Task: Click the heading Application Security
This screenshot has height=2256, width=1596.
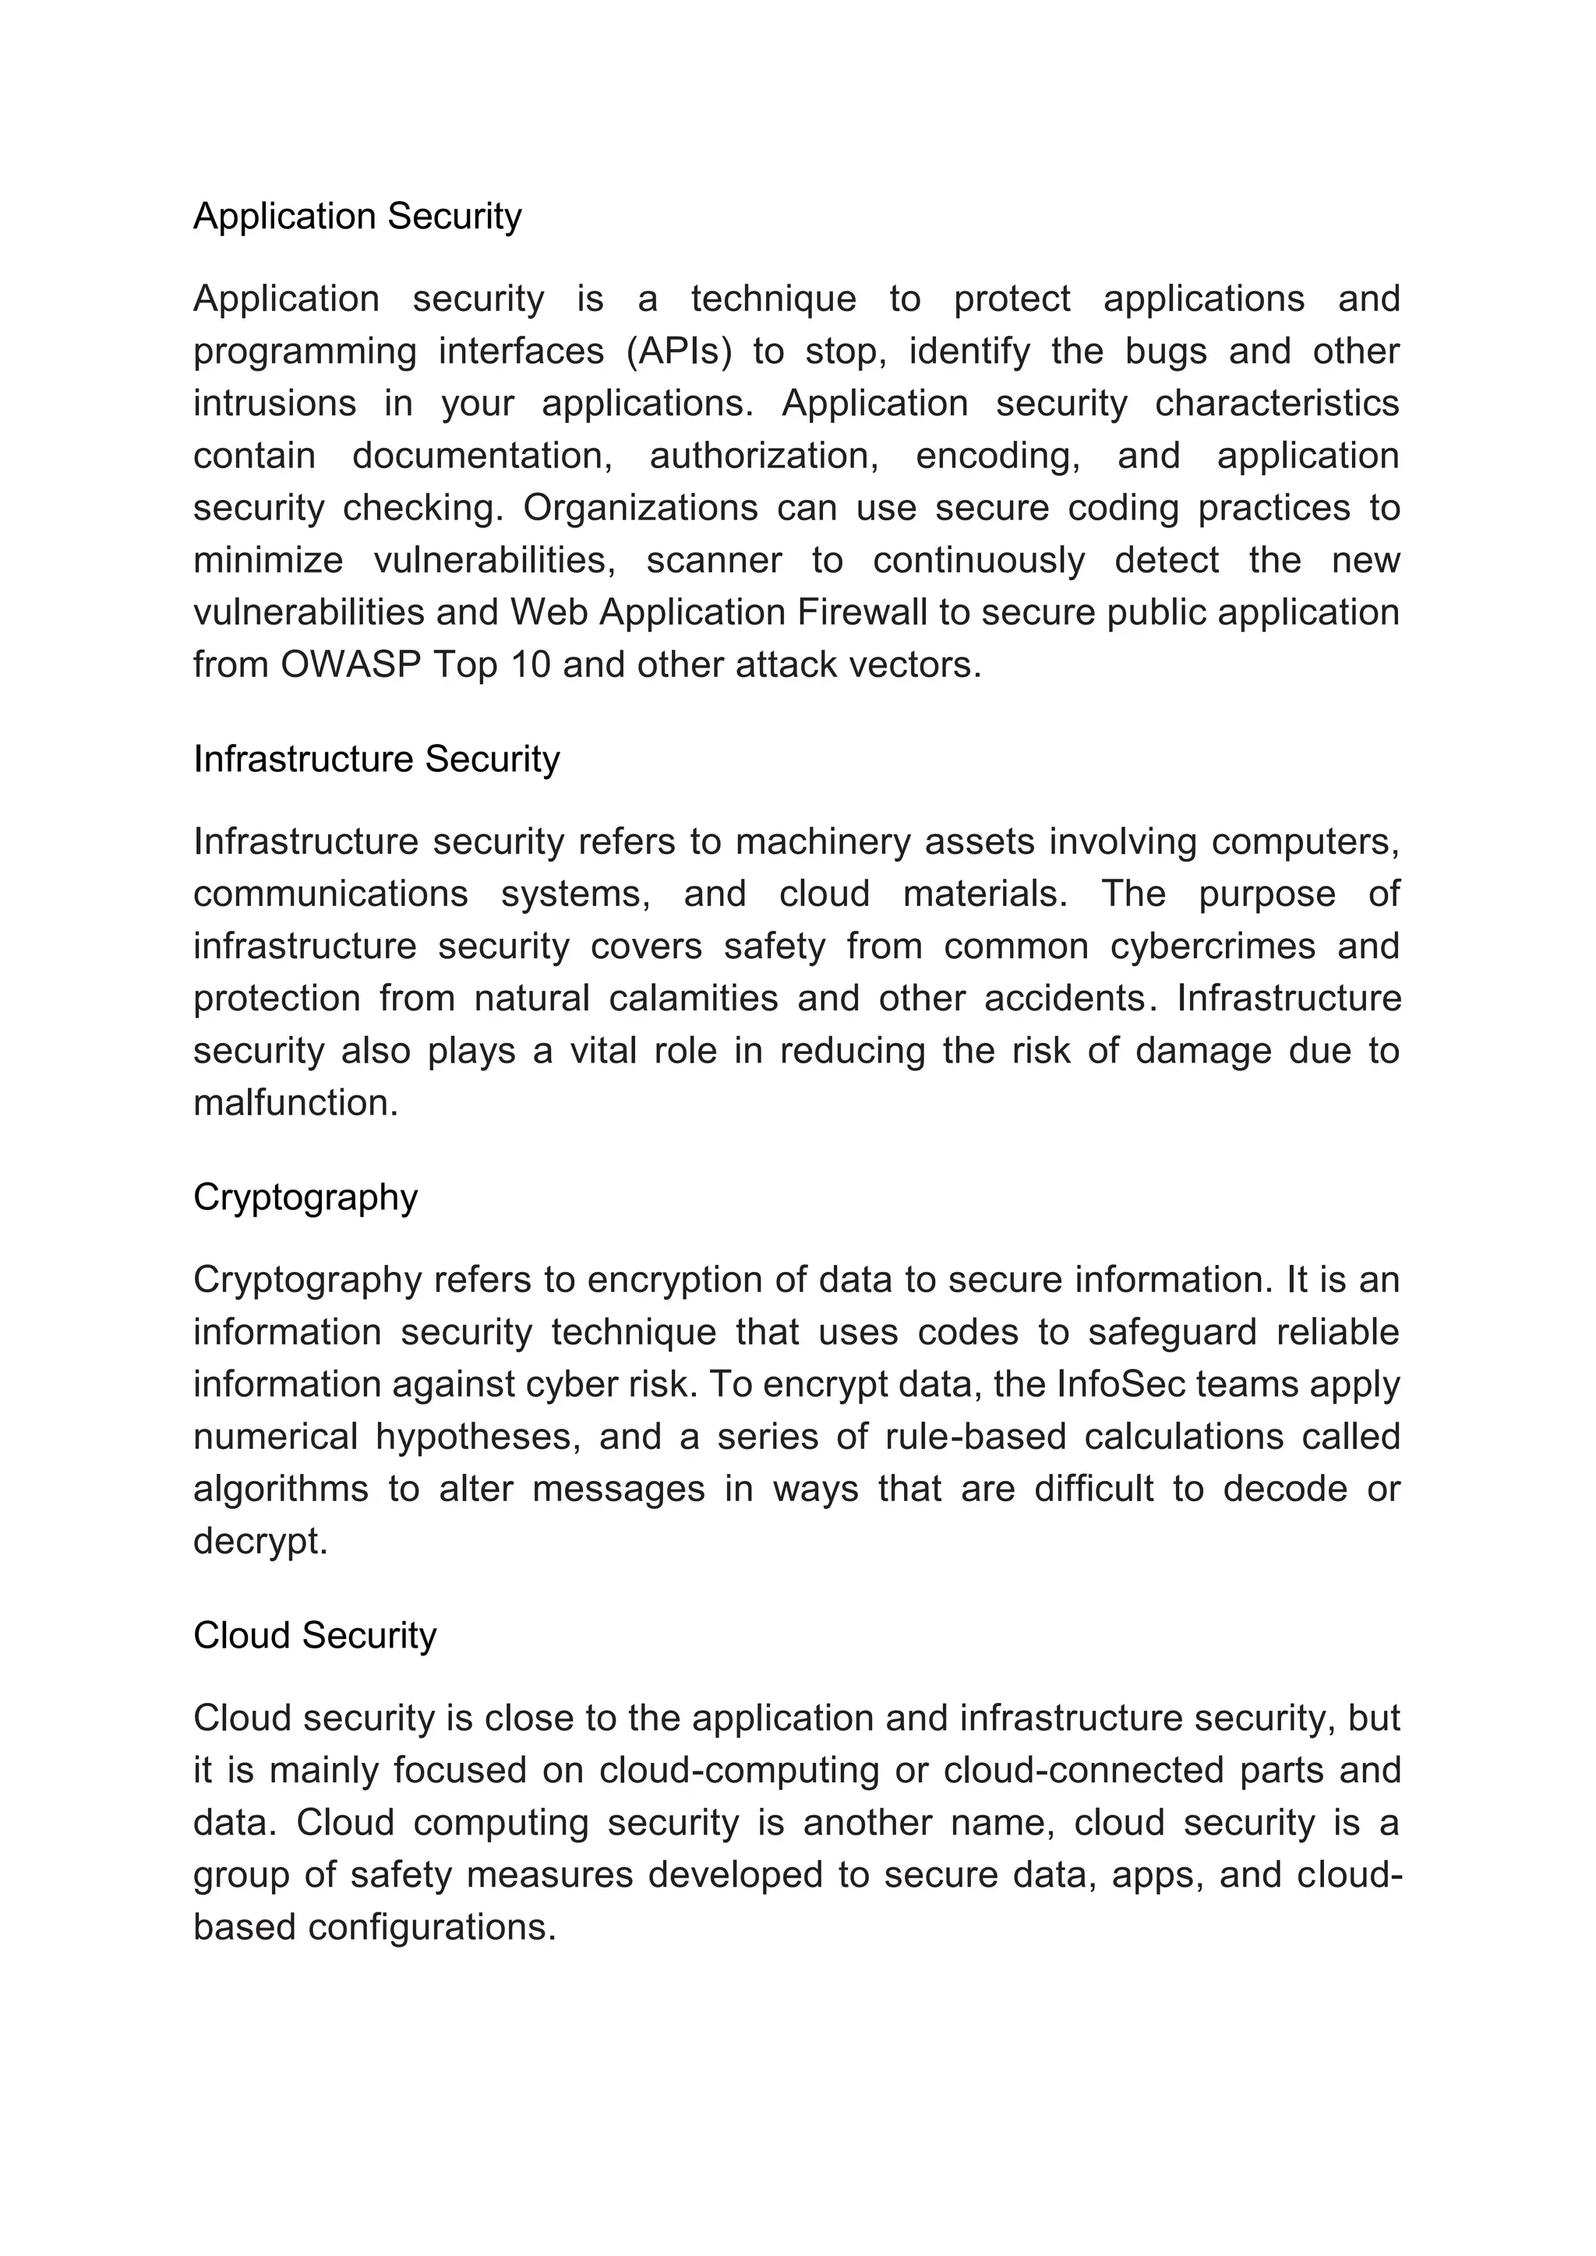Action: [357, 216]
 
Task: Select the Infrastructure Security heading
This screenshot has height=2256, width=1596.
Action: [376, 760]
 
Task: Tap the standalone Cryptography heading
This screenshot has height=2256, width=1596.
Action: [305, 1198]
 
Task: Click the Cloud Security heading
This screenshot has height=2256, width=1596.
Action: [315, 1636]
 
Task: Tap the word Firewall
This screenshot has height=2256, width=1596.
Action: [862, 613]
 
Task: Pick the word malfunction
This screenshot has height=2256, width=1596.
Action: [295, 1103]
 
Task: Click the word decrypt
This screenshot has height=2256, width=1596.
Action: [260, 1542]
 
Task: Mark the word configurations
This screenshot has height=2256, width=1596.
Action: [433, 1928]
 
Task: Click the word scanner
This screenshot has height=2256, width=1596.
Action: [715, 561]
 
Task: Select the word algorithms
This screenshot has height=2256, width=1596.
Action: [280, 1489]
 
